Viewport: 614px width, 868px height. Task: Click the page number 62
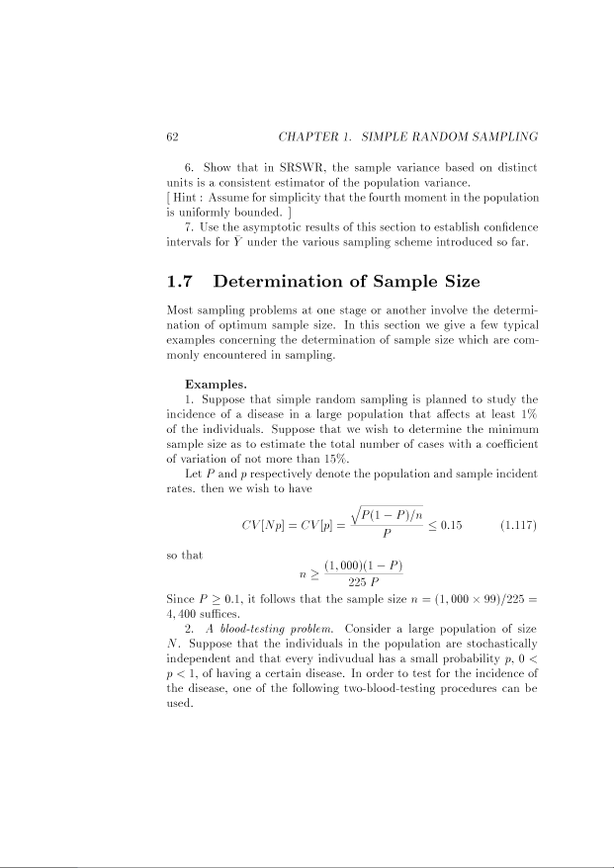tap(173, 135)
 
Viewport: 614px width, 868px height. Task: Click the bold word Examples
tap(213, 382)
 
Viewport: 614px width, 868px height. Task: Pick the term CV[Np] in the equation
tap(260, 523)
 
